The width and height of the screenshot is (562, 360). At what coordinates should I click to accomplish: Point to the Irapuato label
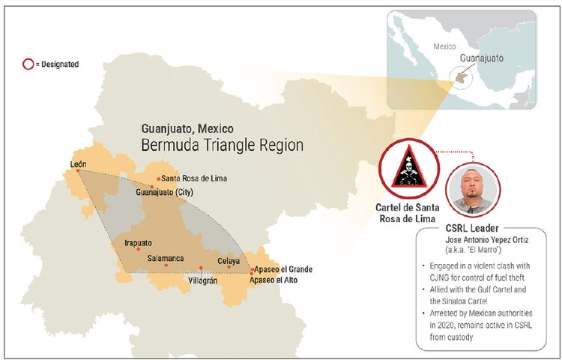click(137, 244)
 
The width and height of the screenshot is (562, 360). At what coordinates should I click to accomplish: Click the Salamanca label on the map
click(166, 259)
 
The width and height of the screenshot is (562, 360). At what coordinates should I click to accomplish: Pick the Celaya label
click(229, 261)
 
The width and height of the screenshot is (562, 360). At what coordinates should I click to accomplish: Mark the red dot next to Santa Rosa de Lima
click(158, 178)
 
